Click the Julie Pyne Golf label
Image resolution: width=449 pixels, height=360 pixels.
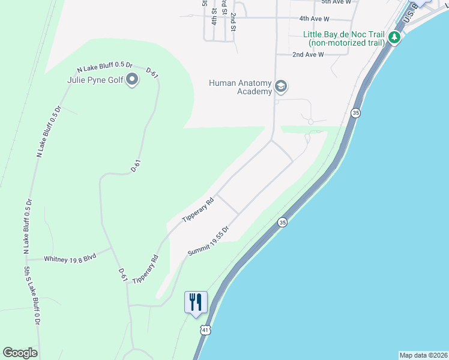click(x=95, y=80)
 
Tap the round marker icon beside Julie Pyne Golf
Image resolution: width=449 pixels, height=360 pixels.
click(x=133, y=80)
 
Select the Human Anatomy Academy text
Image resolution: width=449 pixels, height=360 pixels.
click(x=240, y=87)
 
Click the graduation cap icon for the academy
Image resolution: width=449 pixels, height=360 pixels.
click(x=280, y=87)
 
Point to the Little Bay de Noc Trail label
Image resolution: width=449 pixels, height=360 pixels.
click(x=345, y=38)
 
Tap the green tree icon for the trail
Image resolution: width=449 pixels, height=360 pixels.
click(x=394, y=38)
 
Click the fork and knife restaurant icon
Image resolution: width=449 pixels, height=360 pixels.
click(x=196, y=302)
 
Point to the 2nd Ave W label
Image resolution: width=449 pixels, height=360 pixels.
click(x=308, y=55)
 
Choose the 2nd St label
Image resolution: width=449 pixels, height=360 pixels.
click(x=234, y=21)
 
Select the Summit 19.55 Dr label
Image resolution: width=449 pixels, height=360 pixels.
click(x=209, y=241)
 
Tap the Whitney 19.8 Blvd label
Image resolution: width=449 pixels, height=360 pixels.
click(x=70, y=258)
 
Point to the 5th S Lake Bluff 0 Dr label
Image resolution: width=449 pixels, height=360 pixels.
click(x=32, y=296)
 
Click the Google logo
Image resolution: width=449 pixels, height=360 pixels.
click(x=20, y=353)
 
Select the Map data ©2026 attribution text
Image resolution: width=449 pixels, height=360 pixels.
click(x=423, y=355)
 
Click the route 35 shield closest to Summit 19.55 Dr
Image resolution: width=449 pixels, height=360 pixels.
click(x=282, y=223)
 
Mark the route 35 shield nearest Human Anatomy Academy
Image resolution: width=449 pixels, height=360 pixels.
click(x=356, y=113)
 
